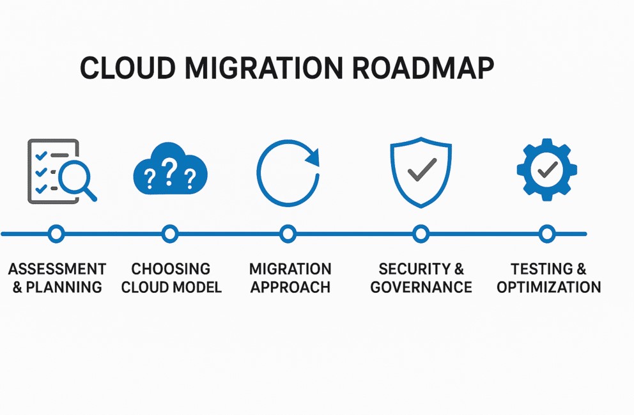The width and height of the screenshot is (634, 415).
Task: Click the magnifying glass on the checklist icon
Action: [75, 178]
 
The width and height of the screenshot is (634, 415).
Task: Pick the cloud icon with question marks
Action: [170, 171]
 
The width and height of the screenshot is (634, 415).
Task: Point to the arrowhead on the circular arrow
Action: [311, 156]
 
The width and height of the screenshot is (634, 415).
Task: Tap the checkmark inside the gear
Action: [546, 170]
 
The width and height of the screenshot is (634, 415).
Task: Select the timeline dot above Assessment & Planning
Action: [56, 234]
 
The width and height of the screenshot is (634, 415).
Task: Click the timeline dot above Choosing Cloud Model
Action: [170, 234]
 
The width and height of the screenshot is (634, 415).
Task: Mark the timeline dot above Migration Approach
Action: [288, 234]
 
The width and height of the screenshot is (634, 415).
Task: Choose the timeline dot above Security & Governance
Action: [421, 234]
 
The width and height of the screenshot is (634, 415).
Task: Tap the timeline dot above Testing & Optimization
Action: [547, 234]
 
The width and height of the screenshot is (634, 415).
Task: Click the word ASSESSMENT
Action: [57, 269]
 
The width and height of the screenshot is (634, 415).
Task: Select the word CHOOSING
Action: [171, 269]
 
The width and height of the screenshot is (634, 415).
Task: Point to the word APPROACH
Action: [290, 287]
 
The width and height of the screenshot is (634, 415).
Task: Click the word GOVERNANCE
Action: [421, 287]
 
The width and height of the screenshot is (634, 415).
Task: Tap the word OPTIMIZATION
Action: [548, 287]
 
